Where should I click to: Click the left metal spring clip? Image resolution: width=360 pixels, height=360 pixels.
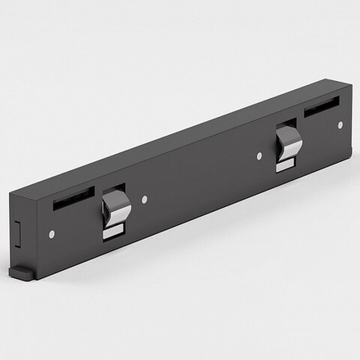pos(116,210)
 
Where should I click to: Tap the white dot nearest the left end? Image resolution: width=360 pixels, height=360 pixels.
pos(52,234)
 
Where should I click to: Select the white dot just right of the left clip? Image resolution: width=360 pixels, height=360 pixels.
pos(145,199)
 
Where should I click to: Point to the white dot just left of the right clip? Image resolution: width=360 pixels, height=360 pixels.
pos(259,155)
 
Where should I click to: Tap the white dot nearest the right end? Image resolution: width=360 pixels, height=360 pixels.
pos(340,124)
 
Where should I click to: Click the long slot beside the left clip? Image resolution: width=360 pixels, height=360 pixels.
pos(74,197)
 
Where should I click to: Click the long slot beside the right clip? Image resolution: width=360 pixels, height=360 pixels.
pos(322,106)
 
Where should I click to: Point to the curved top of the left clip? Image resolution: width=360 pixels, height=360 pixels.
pos(117,199)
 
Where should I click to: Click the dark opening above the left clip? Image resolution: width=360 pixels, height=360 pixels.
pos(112,190)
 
